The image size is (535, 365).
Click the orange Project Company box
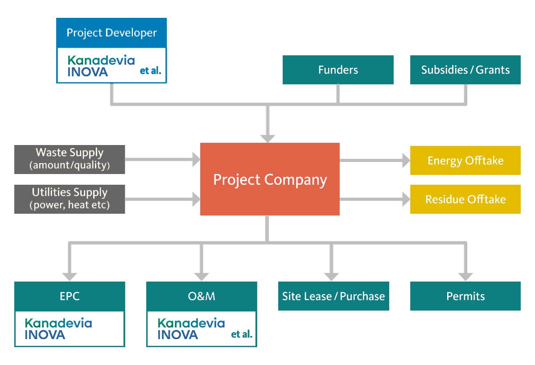pyautogui.click(x=270, y=179)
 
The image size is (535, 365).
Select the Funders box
pyautogui.click(x=338, y=70)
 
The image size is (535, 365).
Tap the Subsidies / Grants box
pyautogui.click(x=465, y=70)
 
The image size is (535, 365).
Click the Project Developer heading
pyautogui.click(x=111, y=33)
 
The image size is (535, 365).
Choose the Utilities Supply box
pyautogui.click(x=70, y=199)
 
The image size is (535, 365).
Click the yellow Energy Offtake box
pyautogui.click(x=465, y=160)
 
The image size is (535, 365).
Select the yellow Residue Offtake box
pyautogui.click(x=465, y=199)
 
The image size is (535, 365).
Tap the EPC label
pyautogui.click(x=70, y=296)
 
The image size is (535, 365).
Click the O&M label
pyautogui.click(x=202, y=296)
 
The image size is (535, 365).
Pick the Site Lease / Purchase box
pyautogui.click(x=333, y=296)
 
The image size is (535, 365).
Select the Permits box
pyautogui.click(x=465, y=296)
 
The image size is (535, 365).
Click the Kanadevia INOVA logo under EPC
pyautogui.click(x=58, y=329)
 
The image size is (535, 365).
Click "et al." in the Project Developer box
pyautogui.click(x=150, y=71)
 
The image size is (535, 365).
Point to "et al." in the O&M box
pyautogui.click(x=242, y=334)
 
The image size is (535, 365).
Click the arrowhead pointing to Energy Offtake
pyautogui.click(x=406, y=160)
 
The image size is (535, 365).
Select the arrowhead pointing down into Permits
pyautogui.click(x=465, y=276)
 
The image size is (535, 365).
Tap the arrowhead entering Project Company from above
pyautogui.click(x=267, y=137)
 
